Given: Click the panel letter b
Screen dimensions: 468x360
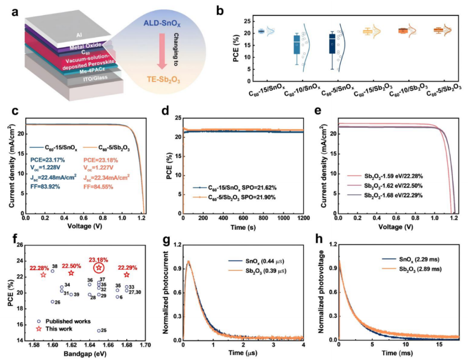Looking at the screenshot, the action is (x=220, y=11).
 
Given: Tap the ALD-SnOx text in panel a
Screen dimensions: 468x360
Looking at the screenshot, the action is (x=162, y=23).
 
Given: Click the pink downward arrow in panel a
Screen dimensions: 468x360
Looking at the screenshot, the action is (x=162, y=51).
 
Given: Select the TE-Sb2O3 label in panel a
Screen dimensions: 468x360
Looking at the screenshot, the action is (x=163, y=79).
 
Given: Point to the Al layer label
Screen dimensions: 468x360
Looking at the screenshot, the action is (x=79, y=35).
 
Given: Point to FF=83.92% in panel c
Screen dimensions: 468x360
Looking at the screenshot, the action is (x=45, y=187).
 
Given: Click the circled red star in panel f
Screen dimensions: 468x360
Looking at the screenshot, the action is (x=99, y=268).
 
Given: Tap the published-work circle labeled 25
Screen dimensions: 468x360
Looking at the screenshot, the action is (x=99, y=331).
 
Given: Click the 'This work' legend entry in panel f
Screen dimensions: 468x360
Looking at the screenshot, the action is (x=55, y=329).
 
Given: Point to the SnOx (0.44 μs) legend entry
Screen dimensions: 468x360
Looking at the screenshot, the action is (x=256, y=262).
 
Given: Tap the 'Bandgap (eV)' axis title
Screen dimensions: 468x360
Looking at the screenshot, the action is (x=85, y=354).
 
